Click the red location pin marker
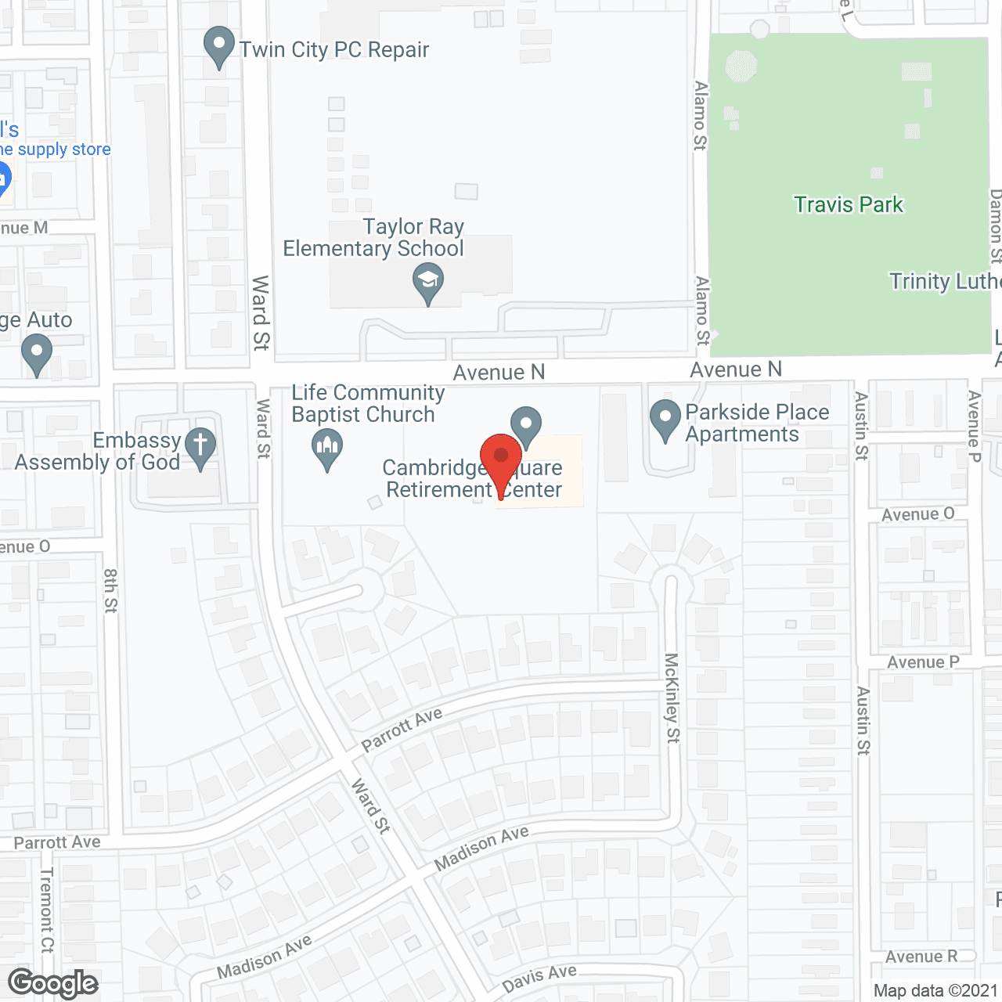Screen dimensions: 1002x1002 point(501,462)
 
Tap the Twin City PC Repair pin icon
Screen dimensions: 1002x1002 point(219,47)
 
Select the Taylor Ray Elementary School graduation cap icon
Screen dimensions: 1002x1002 point(428,283)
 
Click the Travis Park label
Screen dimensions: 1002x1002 point(849,205)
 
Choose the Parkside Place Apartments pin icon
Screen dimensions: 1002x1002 point(665,420)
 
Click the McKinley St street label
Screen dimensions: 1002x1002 point(672,697)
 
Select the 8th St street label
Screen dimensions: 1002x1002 point(110,590)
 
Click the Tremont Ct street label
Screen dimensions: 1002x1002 point(47,909)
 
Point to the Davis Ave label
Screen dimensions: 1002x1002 point(539,978)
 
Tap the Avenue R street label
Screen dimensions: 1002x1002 point(921,957)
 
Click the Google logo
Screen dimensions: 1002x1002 point(53,983)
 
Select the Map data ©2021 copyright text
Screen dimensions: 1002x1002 point(935,991)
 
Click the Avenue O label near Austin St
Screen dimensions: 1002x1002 point(917,514)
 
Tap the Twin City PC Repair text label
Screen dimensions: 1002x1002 point(334,50)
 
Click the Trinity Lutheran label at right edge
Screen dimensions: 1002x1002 point(945,282)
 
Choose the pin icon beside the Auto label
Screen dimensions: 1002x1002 point(37,354)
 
